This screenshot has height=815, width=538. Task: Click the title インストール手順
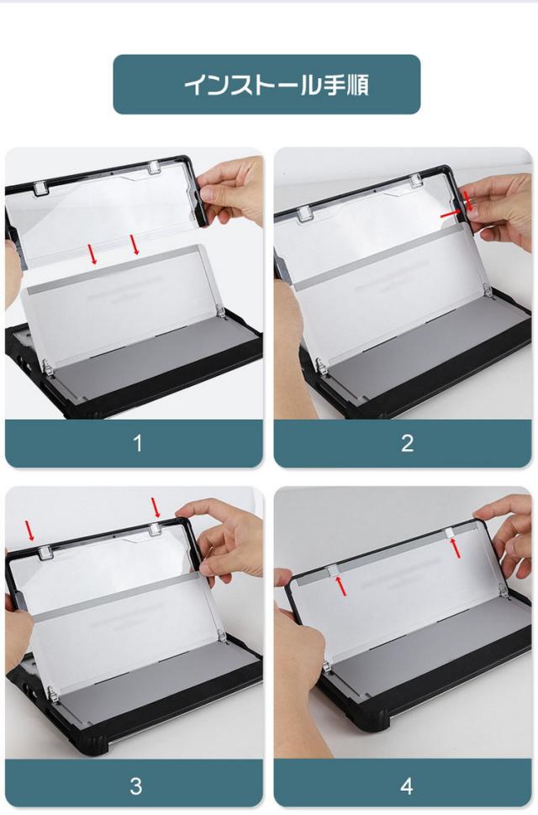277,85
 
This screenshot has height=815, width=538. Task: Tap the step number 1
137,443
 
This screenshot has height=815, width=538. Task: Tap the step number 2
407,443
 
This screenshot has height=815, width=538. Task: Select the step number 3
136,786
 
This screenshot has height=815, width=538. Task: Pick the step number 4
407,786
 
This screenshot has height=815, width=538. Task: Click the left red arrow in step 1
92,253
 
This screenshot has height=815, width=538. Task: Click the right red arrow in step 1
134,245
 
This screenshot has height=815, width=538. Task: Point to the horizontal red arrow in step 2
451,214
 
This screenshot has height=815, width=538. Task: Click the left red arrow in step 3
30,532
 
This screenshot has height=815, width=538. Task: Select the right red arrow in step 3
156,508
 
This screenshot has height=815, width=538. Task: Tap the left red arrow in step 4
340,585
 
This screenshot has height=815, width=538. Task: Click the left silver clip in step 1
41,188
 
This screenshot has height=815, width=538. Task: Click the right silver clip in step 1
154,168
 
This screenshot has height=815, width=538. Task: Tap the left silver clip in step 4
332,571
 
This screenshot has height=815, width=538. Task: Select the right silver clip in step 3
155,529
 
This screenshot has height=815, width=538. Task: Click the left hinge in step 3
51,693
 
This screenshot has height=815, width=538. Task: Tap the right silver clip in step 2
415,181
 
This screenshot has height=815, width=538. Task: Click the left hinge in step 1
47,368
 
